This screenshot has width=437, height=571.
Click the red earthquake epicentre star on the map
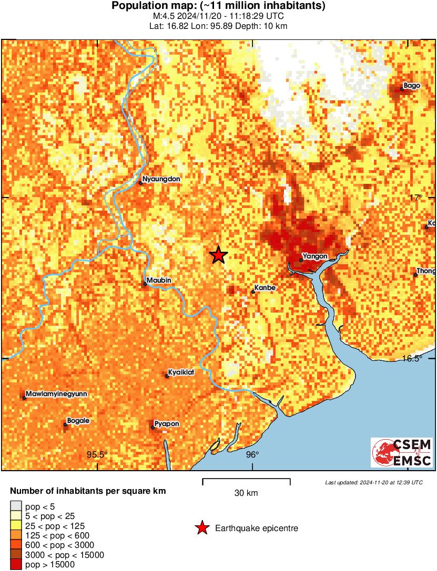coord(218,255)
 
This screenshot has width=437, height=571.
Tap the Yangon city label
coord(316,256)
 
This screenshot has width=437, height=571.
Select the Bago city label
coord(412,86)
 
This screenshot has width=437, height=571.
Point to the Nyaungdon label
coord(161,179)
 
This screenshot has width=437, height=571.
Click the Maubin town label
coord(157,280)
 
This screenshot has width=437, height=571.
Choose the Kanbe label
coord(265,288)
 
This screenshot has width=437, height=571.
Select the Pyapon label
coord(167,424)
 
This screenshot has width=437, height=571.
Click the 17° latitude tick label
coord(416,198)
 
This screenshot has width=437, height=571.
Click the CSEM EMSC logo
coord(402,453)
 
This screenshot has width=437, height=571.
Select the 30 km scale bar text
coord(246,493)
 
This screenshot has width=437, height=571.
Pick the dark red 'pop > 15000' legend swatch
coord(16,565)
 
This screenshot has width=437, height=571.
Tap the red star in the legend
coord(201,528)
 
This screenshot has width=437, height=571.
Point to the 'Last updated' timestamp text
coord(373,482)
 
